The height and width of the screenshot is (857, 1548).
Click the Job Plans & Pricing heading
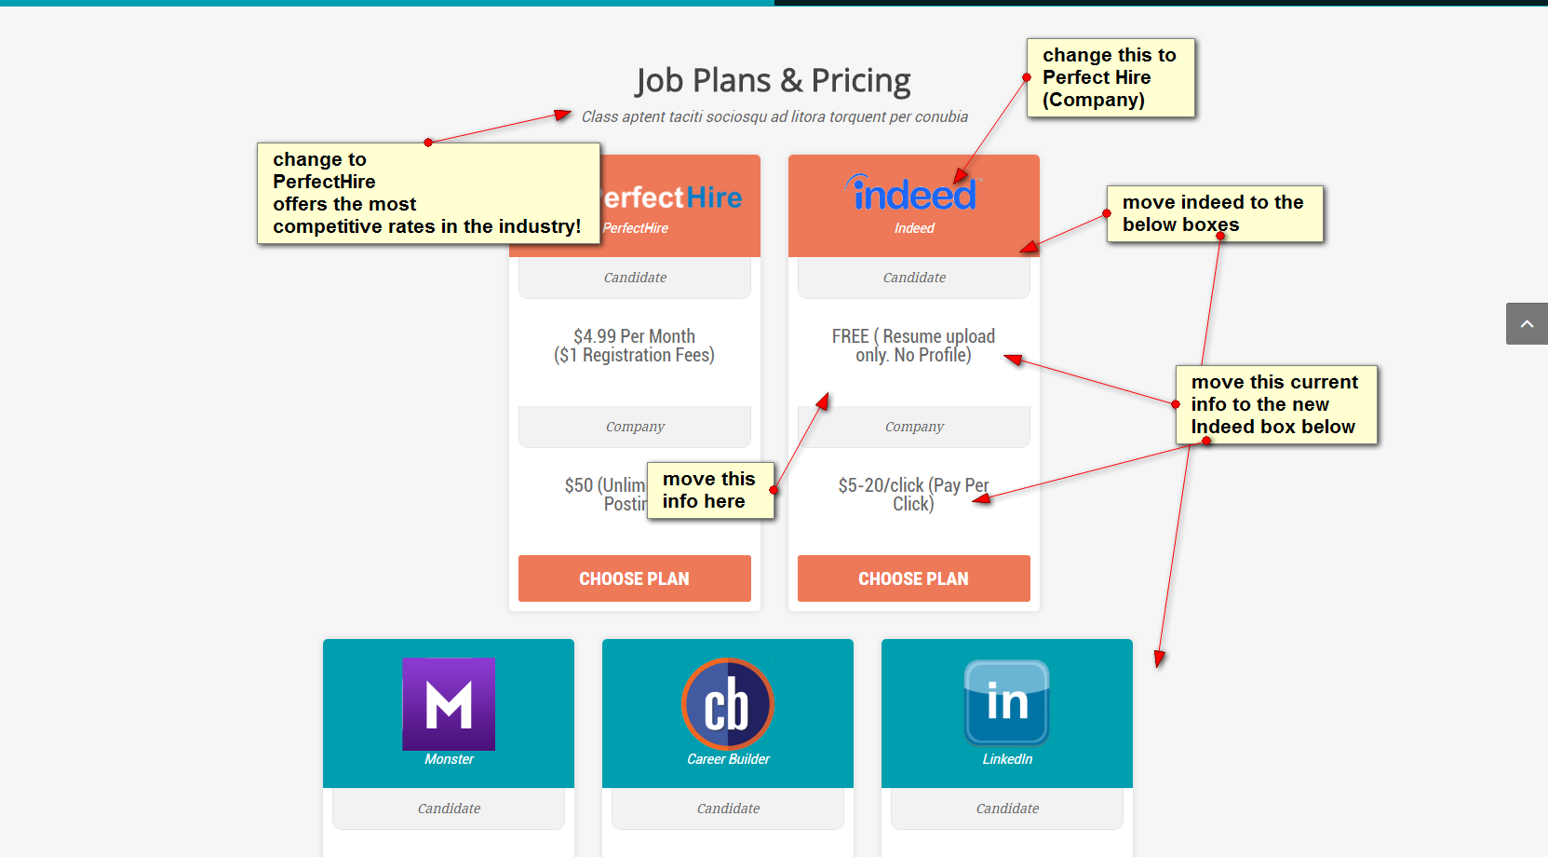point(773,81)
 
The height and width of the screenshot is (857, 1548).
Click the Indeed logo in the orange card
point(913,195)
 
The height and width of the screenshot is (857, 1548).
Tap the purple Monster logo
point(449,703)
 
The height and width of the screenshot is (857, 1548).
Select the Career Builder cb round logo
point(728,703)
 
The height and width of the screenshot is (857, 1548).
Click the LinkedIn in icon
point(1006,701)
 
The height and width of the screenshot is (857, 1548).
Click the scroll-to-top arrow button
point(1527,323)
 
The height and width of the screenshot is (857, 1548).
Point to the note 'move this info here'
point(709,490)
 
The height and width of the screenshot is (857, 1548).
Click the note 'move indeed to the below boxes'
point(1214,213)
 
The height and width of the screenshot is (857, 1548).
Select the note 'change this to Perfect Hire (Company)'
point(1110,77)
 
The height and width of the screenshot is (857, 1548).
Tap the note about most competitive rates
point(428,193)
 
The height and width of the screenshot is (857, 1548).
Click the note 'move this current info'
point(1275,404)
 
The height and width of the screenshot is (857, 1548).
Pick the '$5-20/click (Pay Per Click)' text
point(913,495)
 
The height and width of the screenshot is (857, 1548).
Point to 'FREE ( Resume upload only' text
point(913,346)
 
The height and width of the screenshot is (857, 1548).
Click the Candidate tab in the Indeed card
point(914,278)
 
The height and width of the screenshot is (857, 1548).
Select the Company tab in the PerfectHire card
point(635,427)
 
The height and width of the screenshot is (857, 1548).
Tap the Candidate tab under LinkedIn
point(1007,809)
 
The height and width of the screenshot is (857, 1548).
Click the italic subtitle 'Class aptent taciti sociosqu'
point(774,116)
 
